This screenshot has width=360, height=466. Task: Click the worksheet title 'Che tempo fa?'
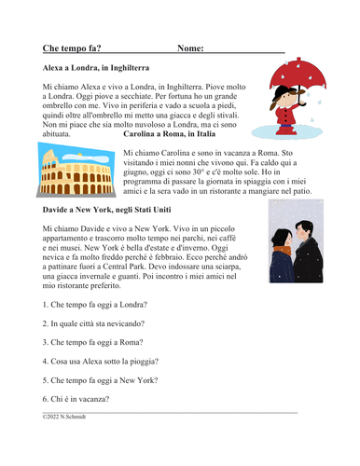click(x=73, y=47)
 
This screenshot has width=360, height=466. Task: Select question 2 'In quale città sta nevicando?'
click(x=104, y=323)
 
